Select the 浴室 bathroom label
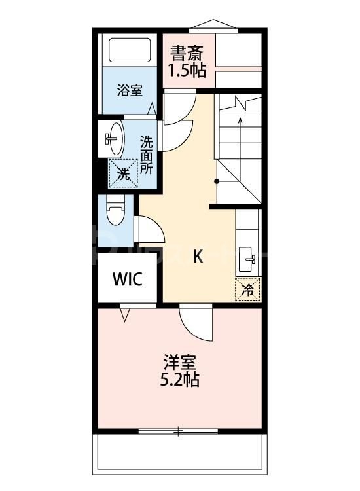tap(130, 90)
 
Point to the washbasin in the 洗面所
tap(115, 138)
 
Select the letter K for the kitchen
tap(198, 257)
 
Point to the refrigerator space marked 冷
tap(248, 289)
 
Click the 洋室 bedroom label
tap(180, 361)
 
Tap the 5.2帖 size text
tap(180, 379)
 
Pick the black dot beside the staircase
tap(217, 181)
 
